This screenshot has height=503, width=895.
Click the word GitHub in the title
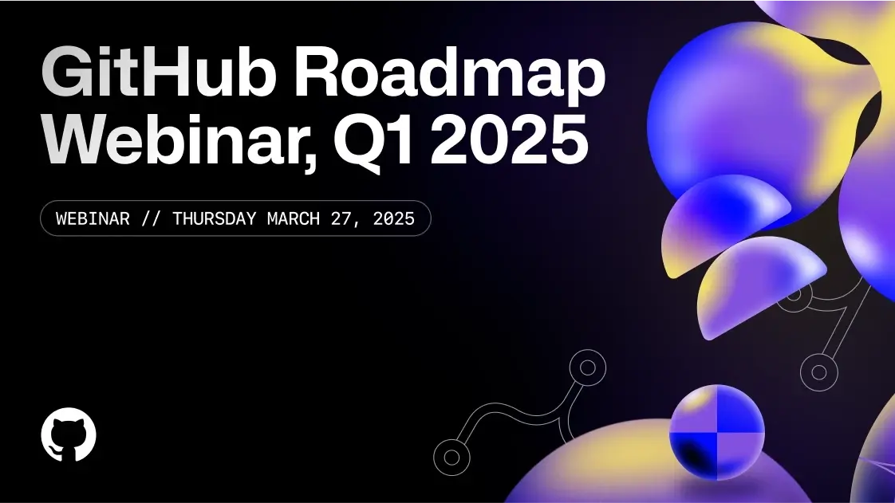[x=159, y=73]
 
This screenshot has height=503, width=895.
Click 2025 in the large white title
[x=509, y=139]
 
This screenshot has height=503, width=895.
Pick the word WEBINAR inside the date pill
[x=93, y=218]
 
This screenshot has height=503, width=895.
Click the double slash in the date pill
[x=151, y=218]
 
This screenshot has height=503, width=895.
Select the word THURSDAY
[x=214, y=218]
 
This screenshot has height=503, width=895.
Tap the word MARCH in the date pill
[x=294, y=218]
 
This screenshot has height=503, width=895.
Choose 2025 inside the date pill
[x=394, y=218]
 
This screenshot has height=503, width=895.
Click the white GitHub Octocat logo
[x=69, y=434]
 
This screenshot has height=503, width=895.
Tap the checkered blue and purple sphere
[x=717, y=432]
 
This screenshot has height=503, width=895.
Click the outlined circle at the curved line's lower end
[x=451, y=458]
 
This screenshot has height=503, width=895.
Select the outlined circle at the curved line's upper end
[x=587, y=367]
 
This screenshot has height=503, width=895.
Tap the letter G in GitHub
[x=66, y=73]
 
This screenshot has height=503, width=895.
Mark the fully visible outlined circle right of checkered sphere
[x=819, y=372]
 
